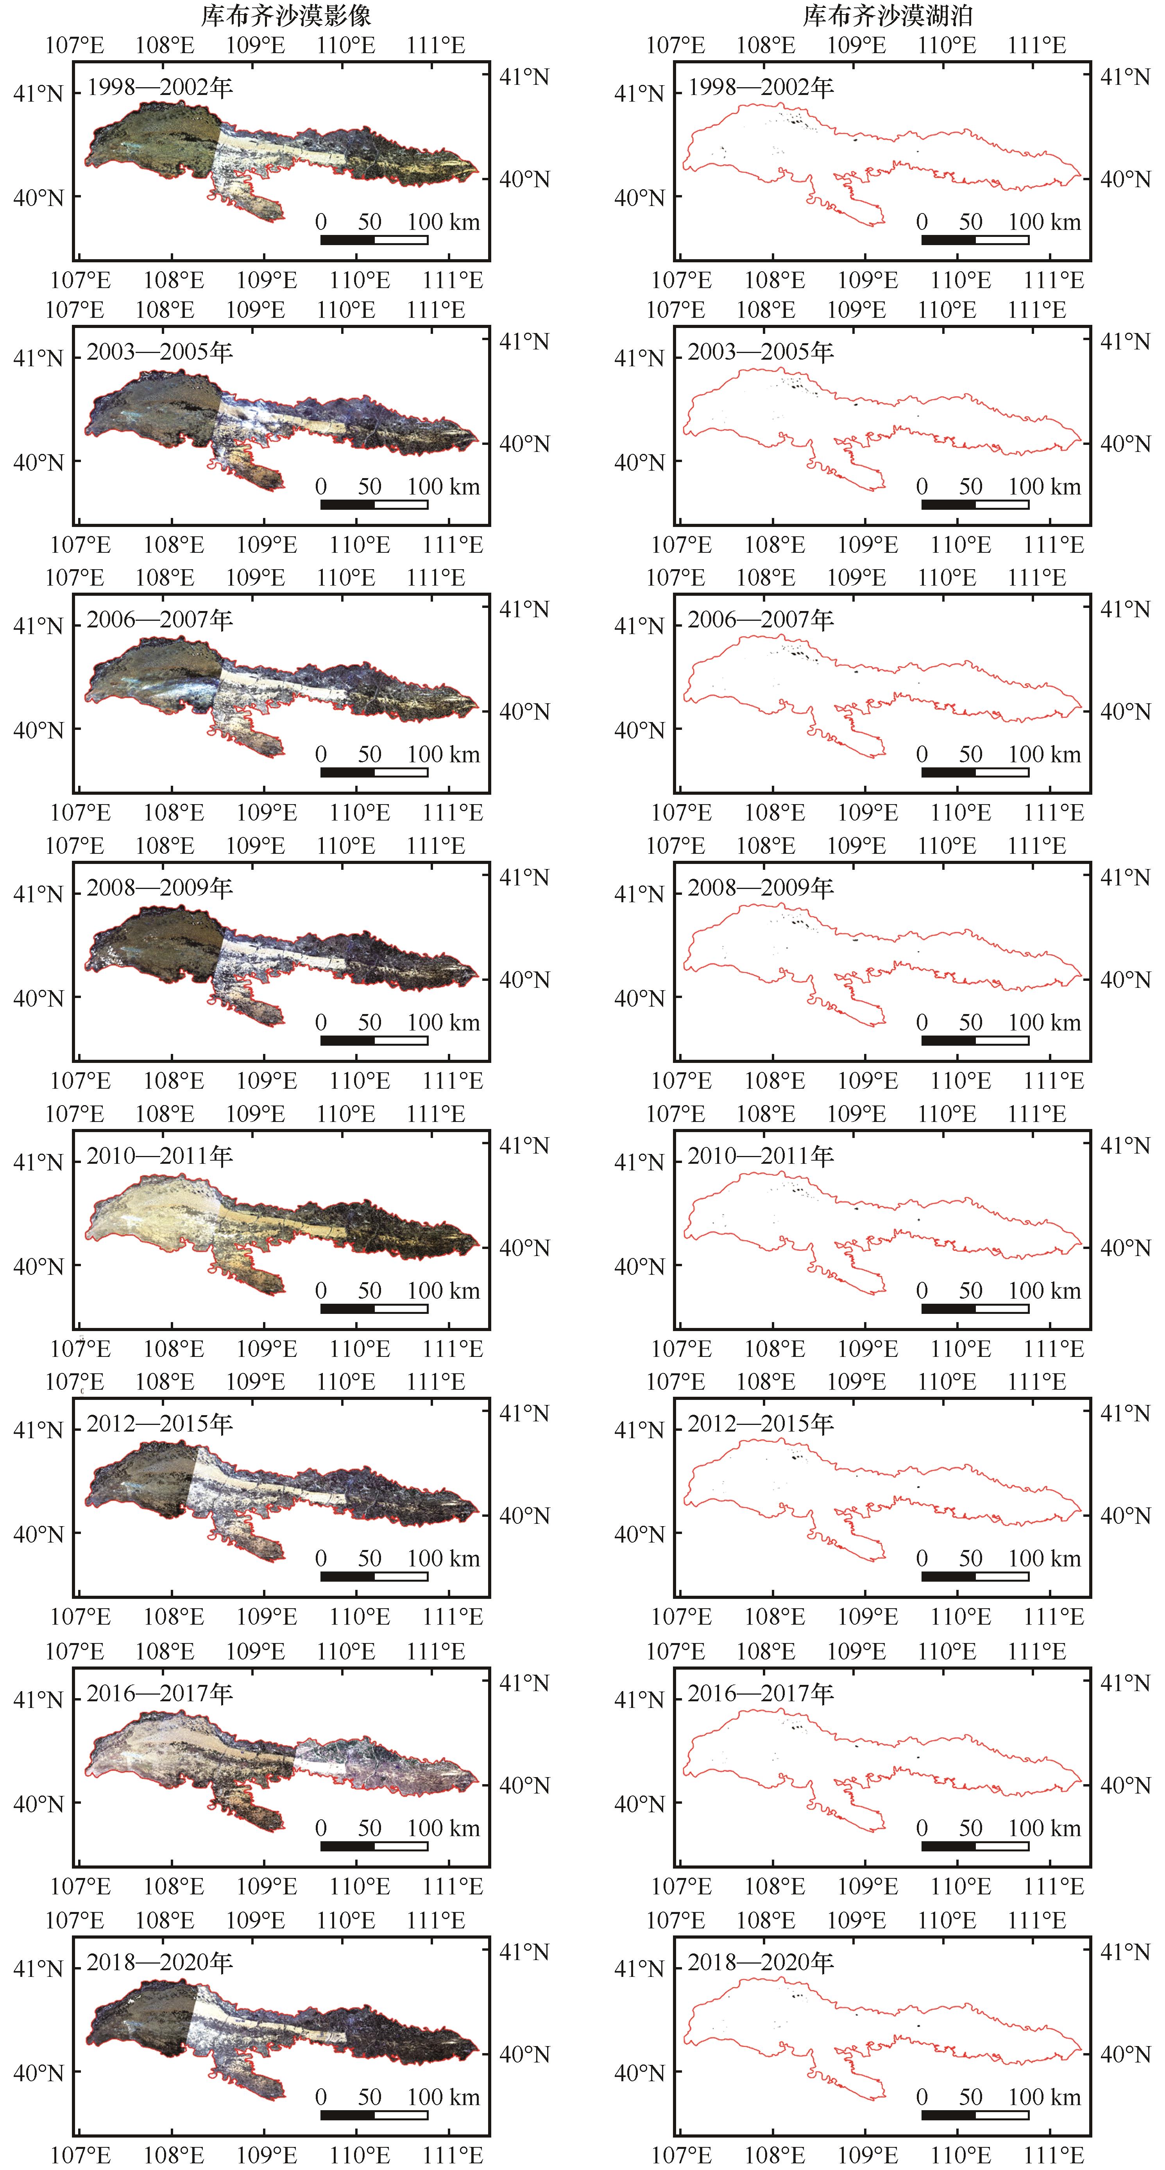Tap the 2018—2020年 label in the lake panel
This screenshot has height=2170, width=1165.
761,1963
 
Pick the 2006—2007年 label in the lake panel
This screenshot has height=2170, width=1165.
761,620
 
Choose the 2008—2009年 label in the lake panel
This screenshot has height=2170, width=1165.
761,888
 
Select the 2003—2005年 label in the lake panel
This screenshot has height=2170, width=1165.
761,352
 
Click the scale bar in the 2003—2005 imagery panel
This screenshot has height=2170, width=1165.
374,505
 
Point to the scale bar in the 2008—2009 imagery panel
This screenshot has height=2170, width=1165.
374,1040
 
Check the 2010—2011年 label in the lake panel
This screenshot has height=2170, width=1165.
761,1156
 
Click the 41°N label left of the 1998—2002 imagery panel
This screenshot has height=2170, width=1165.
38,93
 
